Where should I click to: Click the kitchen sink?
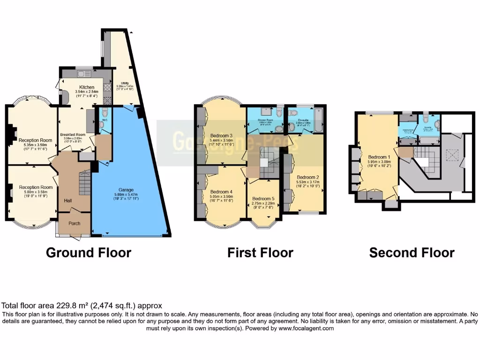point(85,73)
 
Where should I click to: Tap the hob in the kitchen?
point(107,88)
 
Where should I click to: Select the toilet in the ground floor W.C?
point(104,112)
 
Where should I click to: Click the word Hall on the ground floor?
point(68,201)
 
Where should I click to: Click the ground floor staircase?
point(84,183)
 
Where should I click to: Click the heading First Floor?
point(260,253)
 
